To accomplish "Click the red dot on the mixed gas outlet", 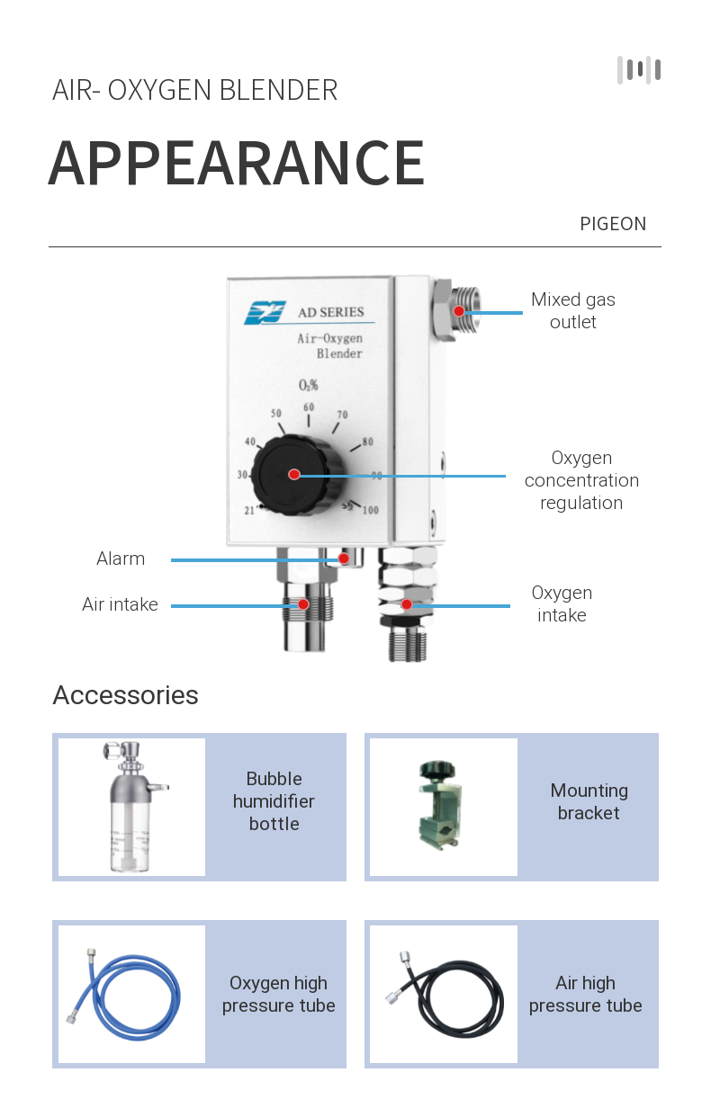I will click(x=459, y=311).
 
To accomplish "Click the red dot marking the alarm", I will click(x=344, y=558).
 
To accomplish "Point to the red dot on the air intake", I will click(x=304, y=604).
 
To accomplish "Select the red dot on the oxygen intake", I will click(x=407, y=604).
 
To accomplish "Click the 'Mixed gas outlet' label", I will click(x=573, y=310).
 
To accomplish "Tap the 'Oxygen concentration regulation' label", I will click(x=581, y=480).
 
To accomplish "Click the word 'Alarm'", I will click(x=121, y=558).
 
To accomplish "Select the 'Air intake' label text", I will click(x=120, y=604).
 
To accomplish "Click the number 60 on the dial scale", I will click(x=309, y=407).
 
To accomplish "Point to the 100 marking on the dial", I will click(x=370, y=510).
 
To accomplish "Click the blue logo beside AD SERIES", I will click(x=265, y=312).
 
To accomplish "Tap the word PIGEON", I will click(x=613, y=224).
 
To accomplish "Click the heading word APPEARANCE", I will click(x=237, y=164).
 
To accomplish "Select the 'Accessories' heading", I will click(x=126, y=695).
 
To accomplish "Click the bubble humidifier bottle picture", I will click(x=131, y=807).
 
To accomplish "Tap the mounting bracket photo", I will click(x=443, y=807).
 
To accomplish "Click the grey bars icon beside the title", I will click(x=639, y=70).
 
